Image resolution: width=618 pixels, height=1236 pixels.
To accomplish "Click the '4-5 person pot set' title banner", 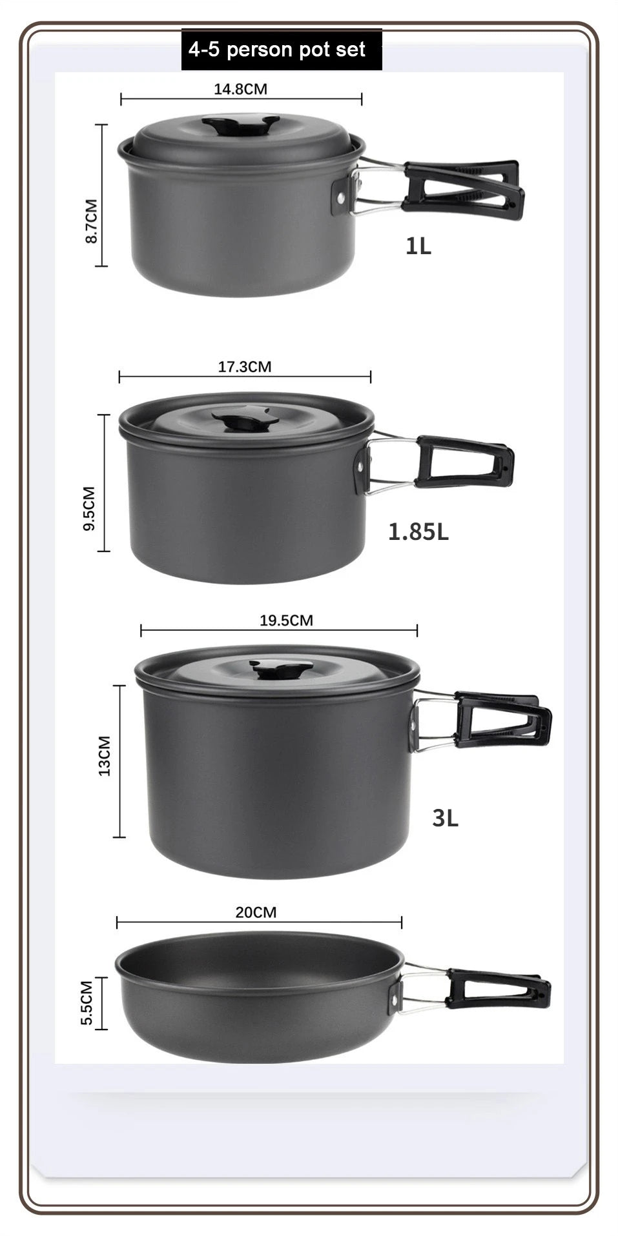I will click(x=281, y=50).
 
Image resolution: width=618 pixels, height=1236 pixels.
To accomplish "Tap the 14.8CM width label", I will click(x=240, y=89).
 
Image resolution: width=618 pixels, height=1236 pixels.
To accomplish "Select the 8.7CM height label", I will click(x=92, y=221).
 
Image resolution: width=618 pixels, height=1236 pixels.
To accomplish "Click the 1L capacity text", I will click(x=418, y=246).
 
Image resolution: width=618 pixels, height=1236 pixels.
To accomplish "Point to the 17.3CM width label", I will click(x=244, y=367).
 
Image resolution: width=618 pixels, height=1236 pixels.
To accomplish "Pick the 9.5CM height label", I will click(x=89, y=508).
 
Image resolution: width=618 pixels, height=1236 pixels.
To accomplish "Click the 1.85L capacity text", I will click(x=418, y=532).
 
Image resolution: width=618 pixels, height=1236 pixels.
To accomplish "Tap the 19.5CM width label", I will click(x=286, y=621).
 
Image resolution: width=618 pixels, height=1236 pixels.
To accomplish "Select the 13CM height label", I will click(x=105, y=755).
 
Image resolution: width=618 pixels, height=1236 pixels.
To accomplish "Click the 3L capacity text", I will click(x=445, y=818).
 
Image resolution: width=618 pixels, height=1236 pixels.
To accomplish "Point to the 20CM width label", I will click(x=256, y=912).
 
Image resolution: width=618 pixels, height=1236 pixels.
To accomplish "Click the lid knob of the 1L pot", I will click(x=240, y=125).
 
